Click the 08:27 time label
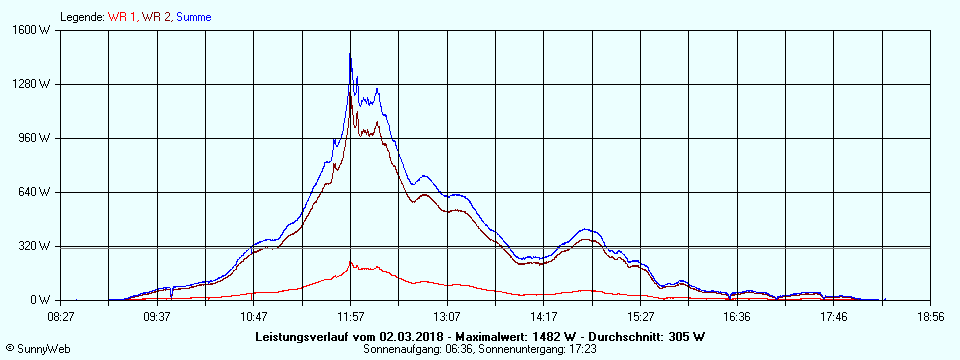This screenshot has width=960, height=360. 61,316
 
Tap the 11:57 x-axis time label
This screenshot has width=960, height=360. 351,316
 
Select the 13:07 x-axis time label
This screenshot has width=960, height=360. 447,316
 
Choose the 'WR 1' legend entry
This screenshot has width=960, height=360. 123,17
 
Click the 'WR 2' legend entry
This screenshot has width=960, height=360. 156,17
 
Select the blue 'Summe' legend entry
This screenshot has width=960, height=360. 194,17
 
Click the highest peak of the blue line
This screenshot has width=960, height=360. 350,54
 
